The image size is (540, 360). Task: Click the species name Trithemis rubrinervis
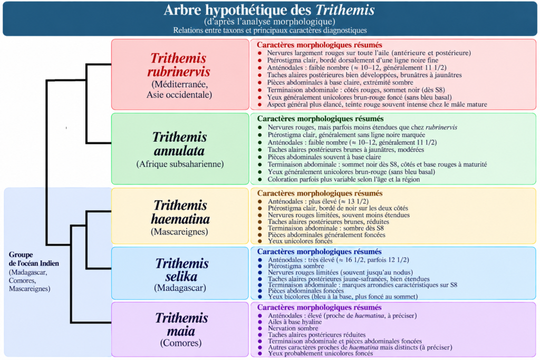(179, 65)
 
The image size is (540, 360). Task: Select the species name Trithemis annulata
(179, 143)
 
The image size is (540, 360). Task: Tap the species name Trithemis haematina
(180, 212)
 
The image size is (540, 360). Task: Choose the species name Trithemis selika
(181, 269)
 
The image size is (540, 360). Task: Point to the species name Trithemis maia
(181, 324)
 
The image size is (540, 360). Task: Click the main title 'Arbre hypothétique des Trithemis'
(269, 10)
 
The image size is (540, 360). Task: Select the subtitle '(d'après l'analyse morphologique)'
(269, 22)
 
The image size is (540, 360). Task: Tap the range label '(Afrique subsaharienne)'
(180, 164)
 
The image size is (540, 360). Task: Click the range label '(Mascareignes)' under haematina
(179, 231)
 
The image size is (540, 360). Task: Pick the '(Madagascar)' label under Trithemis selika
(180, 288)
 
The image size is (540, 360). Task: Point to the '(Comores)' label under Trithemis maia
(180, 343)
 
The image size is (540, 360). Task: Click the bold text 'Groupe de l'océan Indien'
(34, 259)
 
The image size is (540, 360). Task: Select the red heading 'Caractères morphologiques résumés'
(319, 45)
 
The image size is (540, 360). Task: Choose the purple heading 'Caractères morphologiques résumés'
(319, 307)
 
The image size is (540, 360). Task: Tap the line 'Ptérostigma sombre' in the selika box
(296, 266)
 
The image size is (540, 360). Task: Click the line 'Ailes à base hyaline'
(295, 322)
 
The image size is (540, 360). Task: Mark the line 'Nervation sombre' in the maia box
(293, 328)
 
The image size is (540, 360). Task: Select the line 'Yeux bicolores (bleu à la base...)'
(343, 296)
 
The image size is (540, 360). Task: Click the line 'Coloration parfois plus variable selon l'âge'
(344, 179)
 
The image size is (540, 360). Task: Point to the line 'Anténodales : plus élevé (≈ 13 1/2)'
(318, 201)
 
